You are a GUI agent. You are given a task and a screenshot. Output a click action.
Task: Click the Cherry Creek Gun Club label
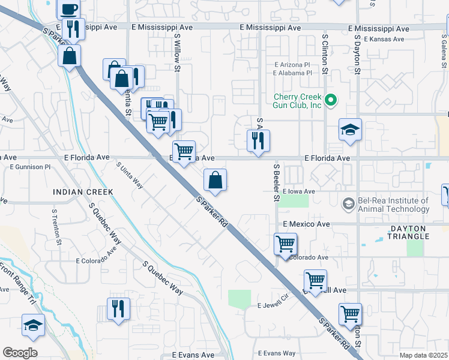(298, 101)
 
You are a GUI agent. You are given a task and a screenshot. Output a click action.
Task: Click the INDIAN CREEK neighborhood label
(83, 192)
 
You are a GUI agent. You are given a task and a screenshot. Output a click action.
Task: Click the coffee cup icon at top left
(68, 8)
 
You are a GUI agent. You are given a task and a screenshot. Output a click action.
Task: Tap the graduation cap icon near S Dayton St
(350, 130)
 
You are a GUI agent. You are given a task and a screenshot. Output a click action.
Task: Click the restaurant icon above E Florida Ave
(258, 141)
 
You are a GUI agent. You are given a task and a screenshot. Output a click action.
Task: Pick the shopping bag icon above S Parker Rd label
(215, 179)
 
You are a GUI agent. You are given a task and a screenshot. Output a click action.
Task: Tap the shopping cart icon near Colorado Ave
(285, 244)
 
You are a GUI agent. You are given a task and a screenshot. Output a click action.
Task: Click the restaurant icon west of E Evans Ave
(118, 309)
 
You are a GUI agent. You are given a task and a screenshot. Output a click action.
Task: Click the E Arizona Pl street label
(292, 65)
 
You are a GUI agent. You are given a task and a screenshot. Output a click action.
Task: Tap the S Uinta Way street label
(130, 175)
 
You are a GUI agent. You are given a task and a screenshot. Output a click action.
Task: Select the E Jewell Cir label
(274, 305)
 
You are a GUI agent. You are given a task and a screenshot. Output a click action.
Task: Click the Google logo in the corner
(20, 353)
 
